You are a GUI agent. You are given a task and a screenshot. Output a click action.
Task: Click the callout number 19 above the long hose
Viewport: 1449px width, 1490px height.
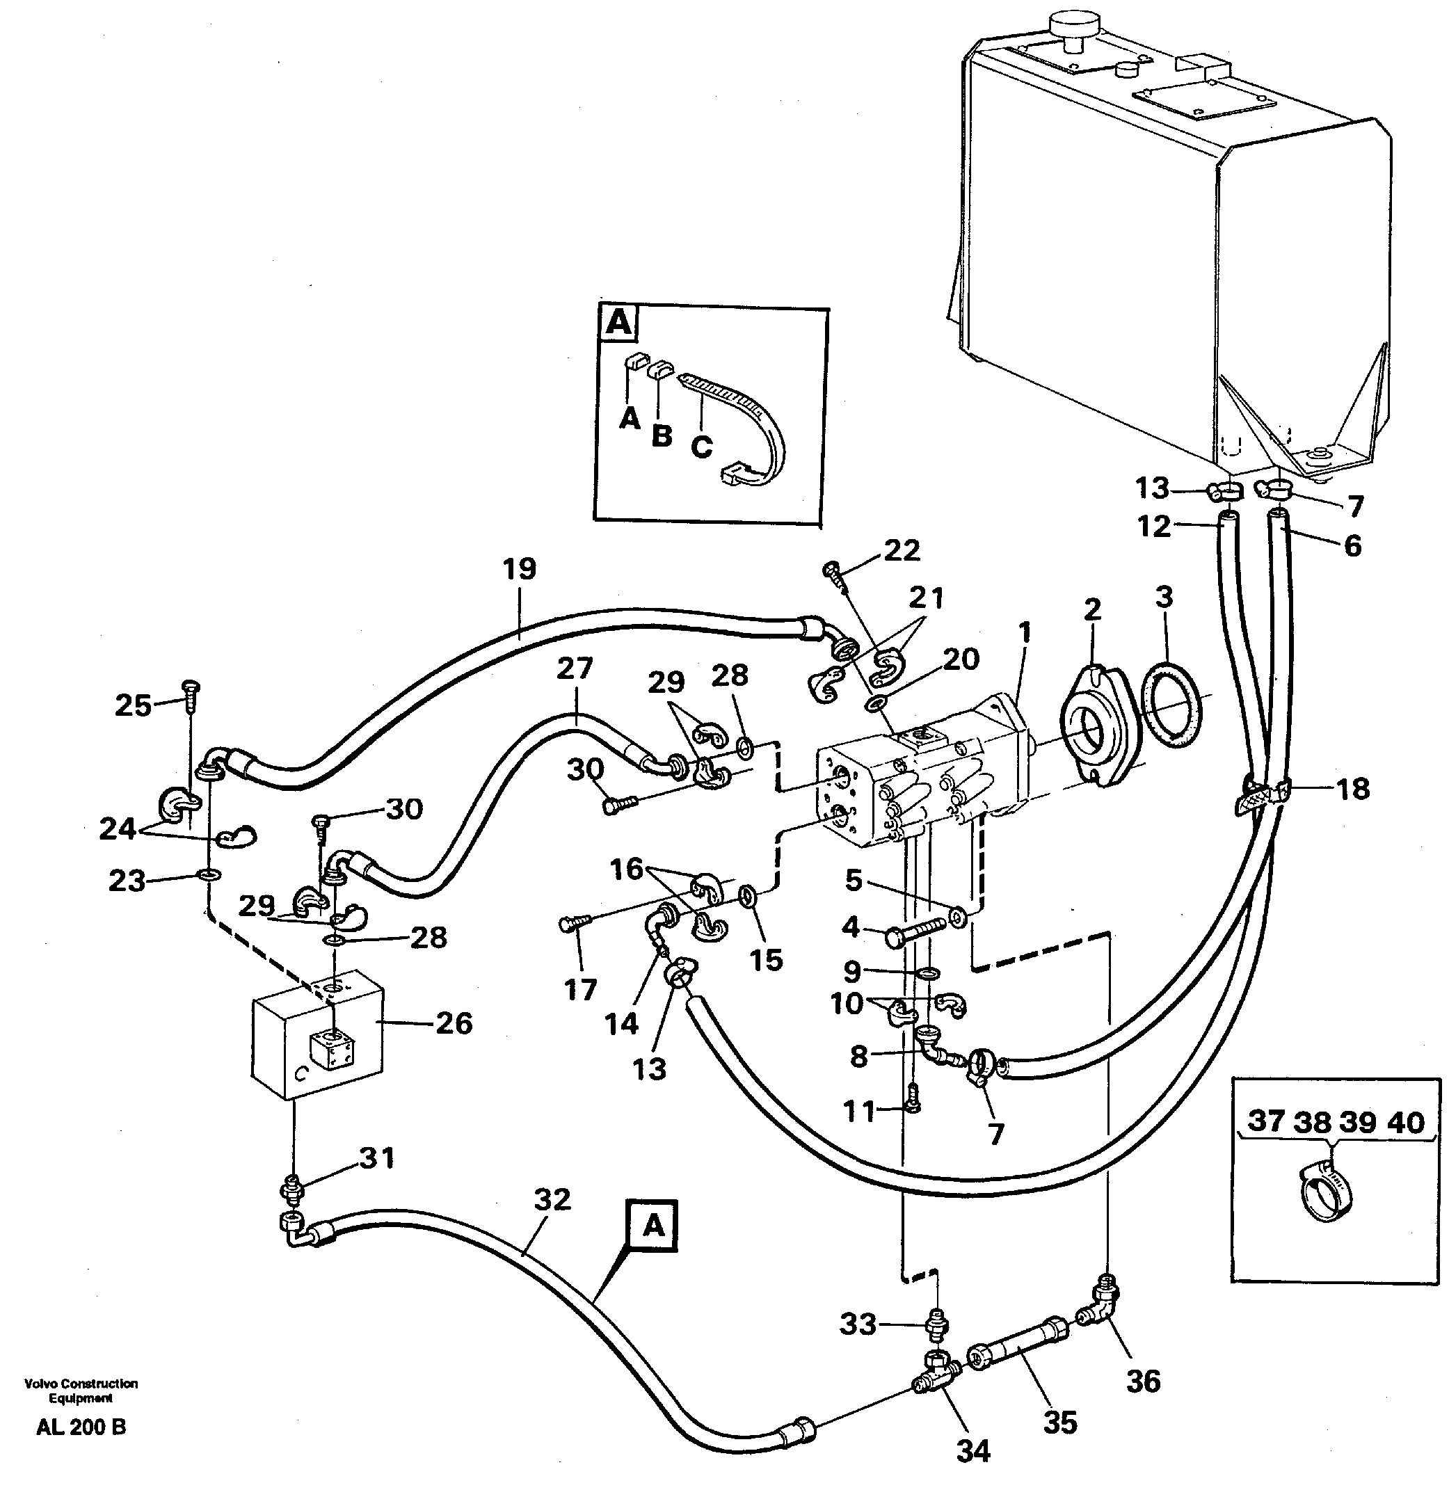click(x=520, y=569)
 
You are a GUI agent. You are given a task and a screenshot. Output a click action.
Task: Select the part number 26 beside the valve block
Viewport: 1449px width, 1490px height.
click(x=454, y=1023)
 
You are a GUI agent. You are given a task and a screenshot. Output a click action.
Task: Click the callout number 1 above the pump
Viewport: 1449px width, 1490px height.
click(x=1025, y=631)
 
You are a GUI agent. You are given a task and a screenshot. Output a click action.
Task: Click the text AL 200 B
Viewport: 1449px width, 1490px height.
click(x=81, y=1427)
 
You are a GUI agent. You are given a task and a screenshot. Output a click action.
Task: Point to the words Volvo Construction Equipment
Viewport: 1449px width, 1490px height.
click(x=81, y=1391)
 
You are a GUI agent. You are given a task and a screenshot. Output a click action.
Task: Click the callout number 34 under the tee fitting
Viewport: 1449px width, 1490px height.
click(x=972, y=1451)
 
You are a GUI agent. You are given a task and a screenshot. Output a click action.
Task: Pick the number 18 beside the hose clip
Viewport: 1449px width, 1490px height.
click(x=1353, y=789)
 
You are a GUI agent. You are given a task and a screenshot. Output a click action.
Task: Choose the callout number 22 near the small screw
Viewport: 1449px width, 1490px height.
click(x=902, y=550)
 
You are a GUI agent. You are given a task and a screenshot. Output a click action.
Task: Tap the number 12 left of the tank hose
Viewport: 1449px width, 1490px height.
click(x=1154, y=527)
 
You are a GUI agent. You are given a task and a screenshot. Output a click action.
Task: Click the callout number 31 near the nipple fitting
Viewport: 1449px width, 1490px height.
click(x=378, y=1158)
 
